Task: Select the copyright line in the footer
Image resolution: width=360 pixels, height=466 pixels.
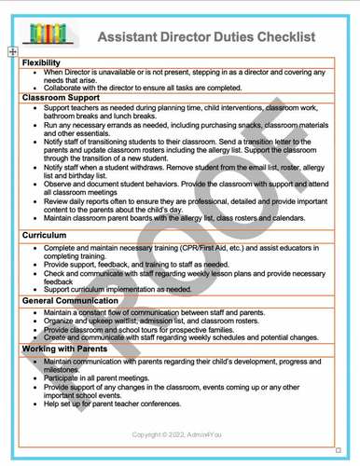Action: click(178, 434)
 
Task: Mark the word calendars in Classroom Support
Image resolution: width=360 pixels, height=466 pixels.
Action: click(284, 218)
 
